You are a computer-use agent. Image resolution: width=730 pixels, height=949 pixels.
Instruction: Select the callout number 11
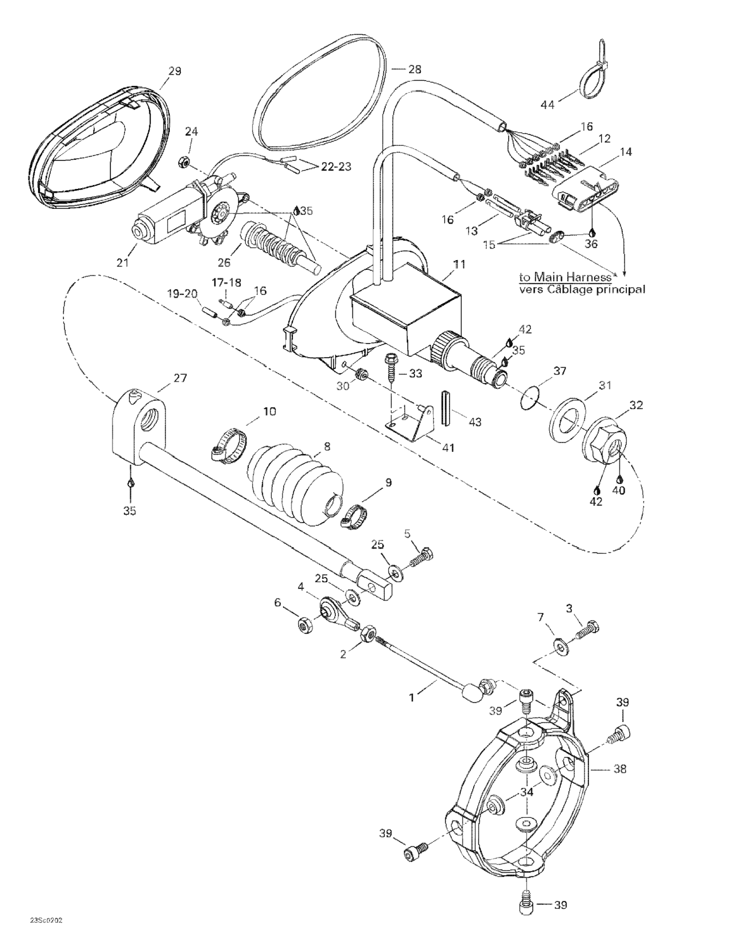tap(460, 264)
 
